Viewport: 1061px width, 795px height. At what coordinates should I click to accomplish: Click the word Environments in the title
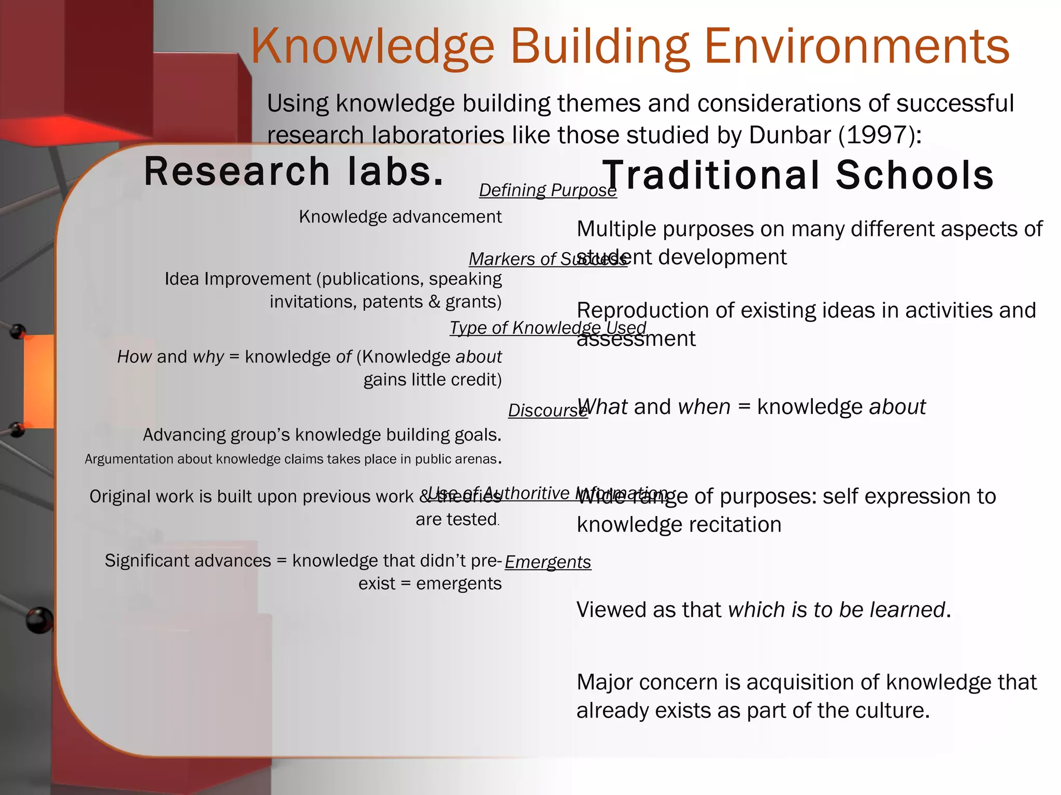pyautogui.click(x=857, y=47)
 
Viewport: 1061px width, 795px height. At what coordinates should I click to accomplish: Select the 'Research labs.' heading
pyautogui.click(x=294, y=172)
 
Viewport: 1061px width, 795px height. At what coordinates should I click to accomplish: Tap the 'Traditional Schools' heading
pyautogui.click(x=798, y=175)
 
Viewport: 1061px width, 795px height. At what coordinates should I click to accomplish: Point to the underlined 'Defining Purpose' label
pyautogui.click(x=548, y=190)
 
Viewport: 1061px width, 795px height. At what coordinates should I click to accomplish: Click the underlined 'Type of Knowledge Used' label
pyautogui.click(x=548, y=328)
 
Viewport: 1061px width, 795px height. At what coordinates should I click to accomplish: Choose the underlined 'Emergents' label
pyautogui.click(x=548, y=562)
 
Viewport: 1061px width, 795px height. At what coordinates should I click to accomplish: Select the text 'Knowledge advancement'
pyautogui.click(x=400, y=217)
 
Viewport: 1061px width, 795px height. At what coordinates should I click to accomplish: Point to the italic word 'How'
pyautogui.click(x=134, y=357)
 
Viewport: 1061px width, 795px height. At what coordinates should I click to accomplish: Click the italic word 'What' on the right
pyautogui.click(x=603, y=407)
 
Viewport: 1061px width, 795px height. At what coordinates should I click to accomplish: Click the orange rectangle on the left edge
pyautogui.click(x=39, y=381)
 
